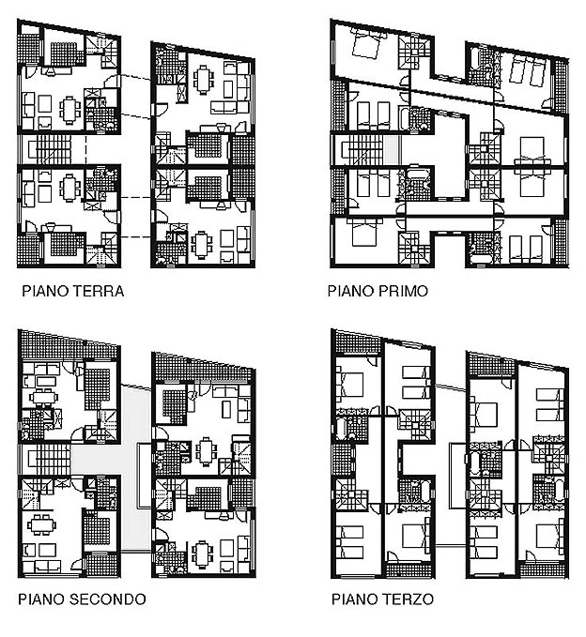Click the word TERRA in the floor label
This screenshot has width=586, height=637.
[x=99, y=291]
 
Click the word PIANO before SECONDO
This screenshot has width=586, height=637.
[x=42, y=599]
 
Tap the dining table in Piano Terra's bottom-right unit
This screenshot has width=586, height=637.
[x=201, y=244]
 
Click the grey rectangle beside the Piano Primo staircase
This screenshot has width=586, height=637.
[x=392, y=150]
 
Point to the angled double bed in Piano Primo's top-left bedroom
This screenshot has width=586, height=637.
[x=367, y=45]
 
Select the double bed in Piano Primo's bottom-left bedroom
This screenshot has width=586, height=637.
[x=364, y=234]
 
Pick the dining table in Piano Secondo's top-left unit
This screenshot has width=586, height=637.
[x=42, y=396]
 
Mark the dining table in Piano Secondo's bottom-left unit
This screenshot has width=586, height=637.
[x=41, y=524]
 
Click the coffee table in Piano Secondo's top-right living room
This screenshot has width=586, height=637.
[x=226, y=409]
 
